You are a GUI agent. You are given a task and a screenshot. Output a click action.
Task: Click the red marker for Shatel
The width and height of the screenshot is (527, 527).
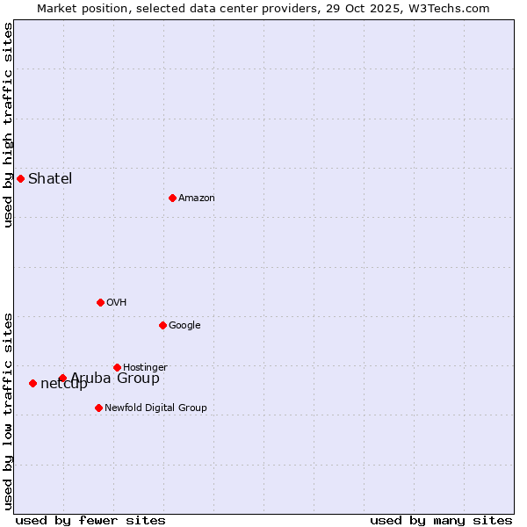point(20,178)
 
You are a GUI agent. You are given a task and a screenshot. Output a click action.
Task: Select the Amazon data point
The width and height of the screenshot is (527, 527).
point(172,198)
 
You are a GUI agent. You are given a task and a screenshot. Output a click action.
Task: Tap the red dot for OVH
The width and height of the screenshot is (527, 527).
point(100,302)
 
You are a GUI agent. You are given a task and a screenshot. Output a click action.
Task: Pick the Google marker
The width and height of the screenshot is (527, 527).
point(162,325)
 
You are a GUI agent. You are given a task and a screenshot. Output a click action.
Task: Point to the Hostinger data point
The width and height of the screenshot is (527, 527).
point(117,367)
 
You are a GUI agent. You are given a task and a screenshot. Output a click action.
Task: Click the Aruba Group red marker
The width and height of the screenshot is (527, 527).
point(62,379)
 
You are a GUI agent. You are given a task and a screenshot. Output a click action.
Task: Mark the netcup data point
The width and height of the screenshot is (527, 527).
point(32,383)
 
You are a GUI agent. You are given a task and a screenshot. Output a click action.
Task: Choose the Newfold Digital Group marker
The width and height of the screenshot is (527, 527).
point(98,408)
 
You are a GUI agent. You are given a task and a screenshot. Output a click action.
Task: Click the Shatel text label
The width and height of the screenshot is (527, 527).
point(50,179)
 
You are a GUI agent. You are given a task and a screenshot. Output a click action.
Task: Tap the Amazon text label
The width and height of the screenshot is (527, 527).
point(196,199)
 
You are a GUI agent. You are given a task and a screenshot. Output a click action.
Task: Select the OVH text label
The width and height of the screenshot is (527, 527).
point(116,303)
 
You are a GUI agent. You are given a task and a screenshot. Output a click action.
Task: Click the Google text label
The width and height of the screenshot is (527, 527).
point(184,326)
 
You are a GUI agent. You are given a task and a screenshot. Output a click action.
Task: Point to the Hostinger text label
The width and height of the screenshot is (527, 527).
point(145,368)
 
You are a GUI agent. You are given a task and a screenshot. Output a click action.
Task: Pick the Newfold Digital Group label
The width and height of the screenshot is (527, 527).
point(155,408)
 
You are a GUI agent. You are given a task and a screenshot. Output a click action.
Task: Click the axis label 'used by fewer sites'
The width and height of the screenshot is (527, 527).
point(90,520)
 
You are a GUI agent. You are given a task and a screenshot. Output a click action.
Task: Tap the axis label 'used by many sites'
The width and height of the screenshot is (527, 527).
point(441,520)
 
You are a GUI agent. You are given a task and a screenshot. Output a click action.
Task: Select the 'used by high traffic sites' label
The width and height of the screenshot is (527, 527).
point(9,125)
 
